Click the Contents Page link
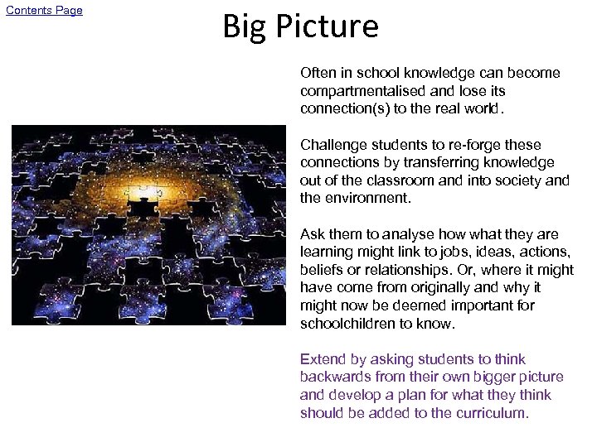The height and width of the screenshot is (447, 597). click(45, 11)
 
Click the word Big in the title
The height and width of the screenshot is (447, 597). click(243, 26)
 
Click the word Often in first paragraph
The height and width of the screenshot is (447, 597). click(318, 73)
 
